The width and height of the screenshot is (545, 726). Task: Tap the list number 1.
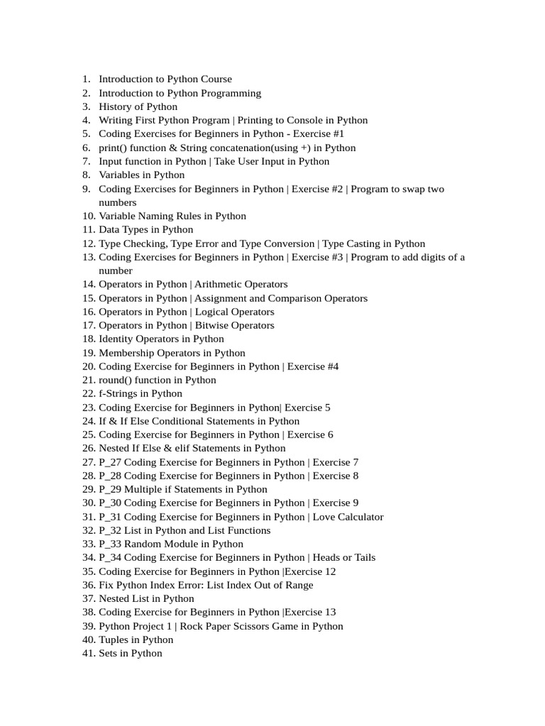tap(86, 79)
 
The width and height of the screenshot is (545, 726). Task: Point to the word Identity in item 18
tap(116, 339)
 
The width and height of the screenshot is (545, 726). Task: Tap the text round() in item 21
tap(115, 380)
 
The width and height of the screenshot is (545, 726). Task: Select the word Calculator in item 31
tap(359, 517)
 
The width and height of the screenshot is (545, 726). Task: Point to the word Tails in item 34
tap(363, 557)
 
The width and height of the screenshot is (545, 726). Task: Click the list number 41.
tap(89, 653)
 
